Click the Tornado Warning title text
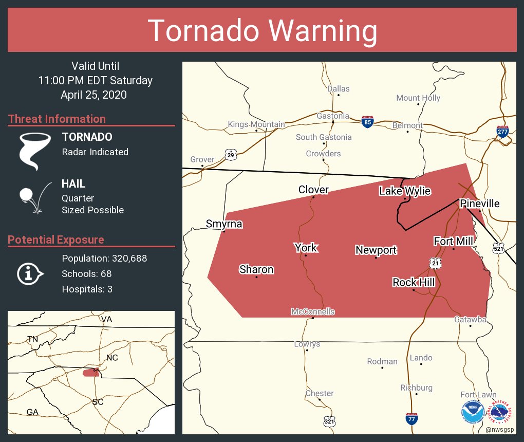[x=262, y=30]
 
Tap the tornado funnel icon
[x=34, y=151]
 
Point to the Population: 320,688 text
[x=104, y=258]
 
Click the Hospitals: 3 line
[x=87, y=289]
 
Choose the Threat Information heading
[x=57, y=119]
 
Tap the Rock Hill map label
[x=414, y=282]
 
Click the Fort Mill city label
[x=453, y=241]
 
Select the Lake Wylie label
[x=405, y=191]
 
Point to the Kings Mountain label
[x=256, y=124]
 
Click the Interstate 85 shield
[x=367, y=122]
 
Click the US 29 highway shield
[x=231, y=154]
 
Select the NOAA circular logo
[x=473, y=412]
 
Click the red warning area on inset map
[x=90, y=372]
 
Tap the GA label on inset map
[x=32, y=412]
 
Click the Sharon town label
[x=256, y=269]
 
